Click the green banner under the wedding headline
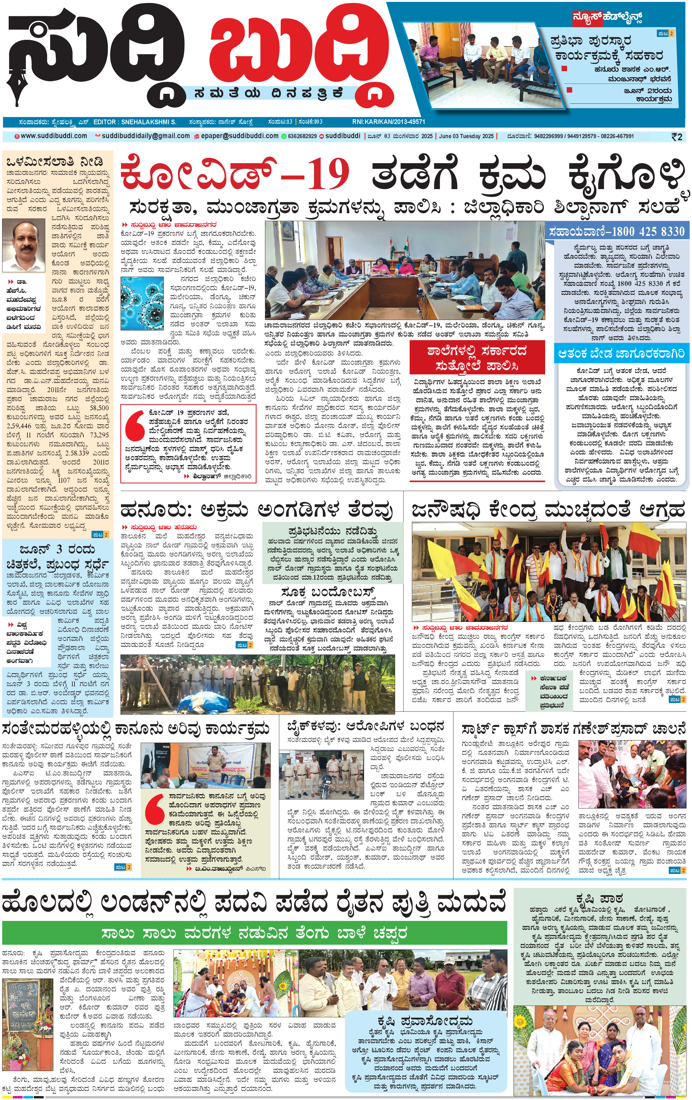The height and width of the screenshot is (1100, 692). pyautogui.click(x=254, y=933)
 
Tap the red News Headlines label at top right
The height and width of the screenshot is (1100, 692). pyautogui.click(x=608, y=18)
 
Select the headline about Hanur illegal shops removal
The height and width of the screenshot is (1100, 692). pyautogui.click(x=256, y=510)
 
